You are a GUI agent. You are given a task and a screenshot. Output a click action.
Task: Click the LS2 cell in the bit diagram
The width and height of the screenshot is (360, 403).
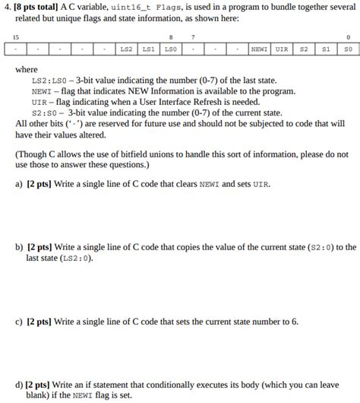pos(126,49)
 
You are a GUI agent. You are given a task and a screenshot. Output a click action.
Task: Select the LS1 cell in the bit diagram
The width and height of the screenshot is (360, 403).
pos(148,49)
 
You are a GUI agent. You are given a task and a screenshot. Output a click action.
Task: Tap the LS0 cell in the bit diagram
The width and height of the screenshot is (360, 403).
pos(170,49)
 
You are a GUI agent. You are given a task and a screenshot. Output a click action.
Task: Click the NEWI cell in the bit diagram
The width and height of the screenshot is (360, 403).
pos(259,49)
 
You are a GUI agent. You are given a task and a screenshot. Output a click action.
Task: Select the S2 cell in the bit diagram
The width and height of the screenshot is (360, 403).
pos(304,49)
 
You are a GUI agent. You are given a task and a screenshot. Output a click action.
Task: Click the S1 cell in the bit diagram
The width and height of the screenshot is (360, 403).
pos(326,49)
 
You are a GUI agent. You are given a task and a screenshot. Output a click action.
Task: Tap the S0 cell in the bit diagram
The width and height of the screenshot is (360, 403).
pos(348,49)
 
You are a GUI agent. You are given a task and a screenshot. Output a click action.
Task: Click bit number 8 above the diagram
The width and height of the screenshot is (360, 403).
pos(171,37)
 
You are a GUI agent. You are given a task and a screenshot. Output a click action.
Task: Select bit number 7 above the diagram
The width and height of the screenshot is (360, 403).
pos(192,37)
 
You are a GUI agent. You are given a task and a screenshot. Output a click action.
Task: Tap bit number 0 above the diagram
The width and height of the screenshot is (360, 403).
pos(348,37)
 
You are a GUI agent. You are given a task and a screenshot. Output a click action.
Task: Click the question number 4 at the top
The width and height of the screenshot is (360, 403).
pos(6,6)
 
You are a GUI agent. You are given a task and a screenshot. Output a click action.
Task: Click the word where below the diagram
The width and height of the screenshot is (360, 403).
pos(26,69)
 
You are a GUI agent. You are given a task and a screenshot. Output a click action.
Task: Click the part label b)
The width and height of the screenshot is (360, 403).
pos(19,247)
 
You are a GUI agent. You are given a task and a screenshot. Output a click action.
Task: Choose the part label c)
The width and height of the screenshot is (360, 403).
pos(19,322)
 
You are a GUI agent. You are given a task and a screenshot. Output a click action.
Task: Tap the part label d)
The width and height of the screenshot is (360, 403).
pos(19,385)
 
